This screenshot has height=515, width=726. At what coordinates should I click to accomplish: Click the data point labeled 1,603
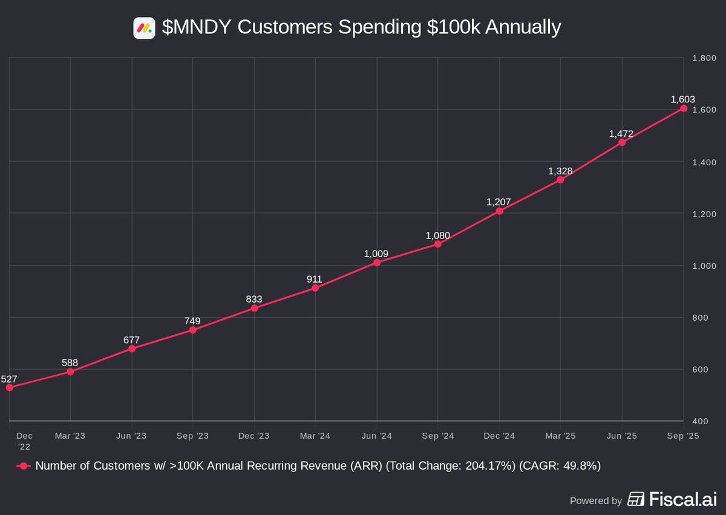pos(683,108)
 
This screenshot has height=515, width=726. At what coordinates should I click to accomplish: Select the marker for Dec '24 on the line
pos(500,211)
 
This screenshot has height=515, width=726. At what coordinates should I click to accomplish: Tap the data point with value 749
pos(193,330)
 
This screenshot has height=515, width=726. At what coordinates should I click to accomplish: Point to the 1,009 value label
pos(376,254)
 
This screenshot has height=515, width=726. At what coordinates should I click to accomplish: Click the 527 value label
pos(9,379)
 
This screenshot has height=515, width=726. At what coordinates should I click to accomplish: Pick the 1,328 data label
pos(560,171)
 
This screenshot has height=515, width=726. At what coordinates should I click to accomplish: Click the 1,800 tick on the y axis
pos(704,58)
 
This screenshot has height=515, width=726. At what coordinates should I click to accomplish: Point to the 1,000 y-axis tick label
pos(704,266)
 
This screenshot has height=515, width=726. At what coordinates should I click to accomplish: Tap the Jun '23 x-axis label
pos(131,436)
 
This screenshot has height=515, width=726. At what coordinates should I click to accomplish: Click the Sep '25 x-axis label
pos(683,436)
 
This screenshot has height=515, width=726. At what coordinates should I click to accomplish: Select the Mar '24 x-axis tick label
pos(315,436)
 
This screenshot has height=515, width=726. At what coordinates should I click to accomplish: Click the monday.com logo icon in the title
pos(144,28)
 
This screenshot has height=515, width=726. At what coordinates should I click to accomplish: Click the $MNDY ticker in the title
pos(197,28)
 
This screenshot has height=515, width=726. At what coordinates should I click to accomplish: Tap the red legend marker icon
pos(24,466)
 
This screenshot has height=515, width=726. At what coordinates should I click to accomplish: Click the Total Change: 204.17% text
pos(450,466)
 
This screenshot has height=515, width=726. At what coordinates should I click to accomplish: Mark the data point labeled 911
pos(315,288)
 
